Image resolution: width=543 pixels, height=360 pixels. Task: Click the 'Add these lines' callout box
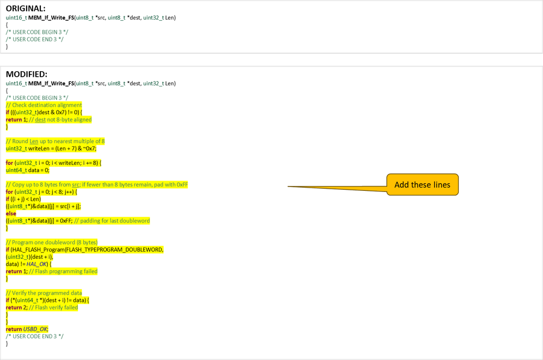point(422,185)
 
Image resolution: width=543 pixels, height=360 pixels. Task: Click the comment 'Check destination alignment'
point(47,105)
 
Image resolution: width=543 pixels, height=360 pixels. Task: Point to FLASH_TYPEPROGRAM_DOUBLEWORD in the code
point(114,250)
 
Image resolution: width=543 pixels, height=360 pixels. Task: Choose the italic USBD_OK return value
point(35,329)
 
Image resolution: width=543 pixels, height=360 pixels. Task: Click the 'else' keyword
point(11,214)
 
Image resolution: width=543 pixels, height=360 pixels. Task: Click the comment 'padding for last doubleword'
point(115,221)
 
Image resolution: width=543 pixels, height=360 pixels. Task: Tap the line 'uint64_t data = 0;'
point(27,170)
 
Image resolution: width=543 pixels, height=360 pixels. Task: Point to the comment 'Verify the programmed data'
point(47,293)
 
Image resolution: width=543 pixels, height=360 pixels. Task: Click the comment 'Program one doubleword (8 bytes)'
point(54,242)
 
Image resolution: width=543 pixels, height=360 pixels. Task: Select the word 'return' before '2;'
point(14,307)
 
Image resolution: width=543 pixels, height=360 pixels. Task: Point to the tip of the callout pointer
point(287,187)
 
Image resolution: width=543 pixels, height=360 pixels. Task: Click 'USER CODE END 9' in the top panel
point(38,39)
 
